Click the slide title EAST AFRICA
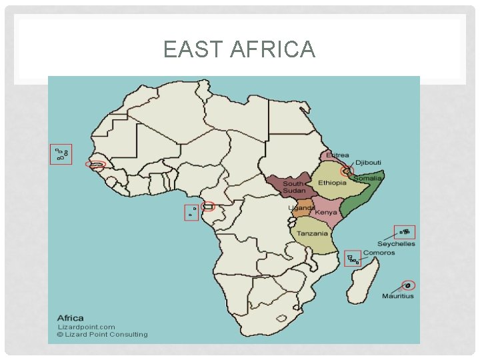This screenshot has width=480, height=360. [239, 50]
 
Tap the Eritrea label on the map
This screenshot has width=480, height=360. [337, 155]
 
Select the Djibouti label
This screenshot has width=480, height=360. [368, 162]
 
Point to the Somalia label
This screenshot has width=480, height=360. [367, 179]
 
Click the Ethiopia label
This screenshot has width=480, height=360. [332, 183]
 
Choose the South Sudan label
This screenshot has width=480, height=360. [294, 187]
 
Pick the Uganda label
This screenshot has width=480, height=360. [301, 208]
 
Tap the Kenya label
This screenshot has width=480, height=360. [326, 213]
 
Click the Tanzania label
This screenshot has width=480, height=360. [312, 234]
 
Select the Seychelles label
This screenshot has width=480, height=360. [396, 244]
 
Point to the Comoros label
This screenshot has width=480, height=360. [379, 253]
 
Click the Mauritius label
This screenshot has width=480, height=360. [397, 296]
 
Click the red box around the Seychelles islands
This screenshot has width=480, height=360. [405, 232]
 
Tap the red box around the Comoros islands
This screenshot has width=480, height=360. [353, 259]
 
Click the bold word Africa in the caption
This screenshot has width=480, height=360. [71, 318]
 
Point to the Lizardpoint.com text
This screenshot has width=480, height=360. [87, 327]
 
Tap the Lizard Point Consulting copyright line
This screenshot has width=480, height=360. [102, 335]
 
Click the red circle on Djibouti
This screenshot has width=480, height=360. [346, 171]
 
